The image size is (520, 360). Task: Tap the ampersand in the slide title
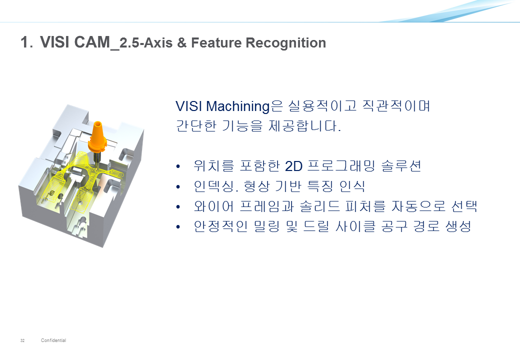[181, 43]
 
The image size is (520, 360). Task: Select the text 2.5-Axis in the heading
[146, 43]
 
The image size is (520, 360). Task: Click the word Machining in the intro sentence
[238, 106]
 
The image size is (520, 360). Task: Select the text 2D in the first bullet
[293, 166]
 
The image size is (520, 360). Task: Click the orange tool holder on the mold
[97, 137]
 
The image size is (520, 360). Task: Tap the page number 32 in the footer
[22, 340]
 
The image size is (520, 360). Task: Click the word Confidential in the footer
[53, 340]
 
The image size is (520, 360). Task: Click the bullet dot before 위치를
[178, 166]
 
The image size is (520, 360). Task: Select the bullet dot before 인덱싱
[178, 187]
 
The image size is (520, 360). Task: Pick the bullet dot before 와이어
[178, 207]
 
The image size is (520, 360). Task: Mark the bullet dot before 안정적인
[178, 227]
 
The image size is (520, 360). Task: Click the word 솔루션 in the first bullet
[401, 166]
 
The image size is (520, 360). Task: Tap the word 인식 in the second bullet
[352, 186]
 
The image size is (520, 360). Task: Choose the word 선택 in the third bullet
[464, 206]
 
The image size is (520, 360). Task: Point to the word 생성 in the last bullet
[458, 226]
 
